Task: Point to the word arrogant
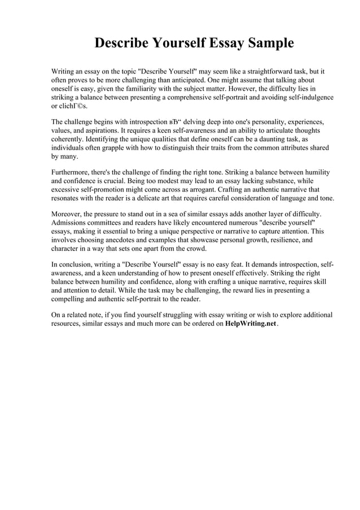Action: (194, 190)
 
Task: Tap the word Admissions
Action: (71, 223)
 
